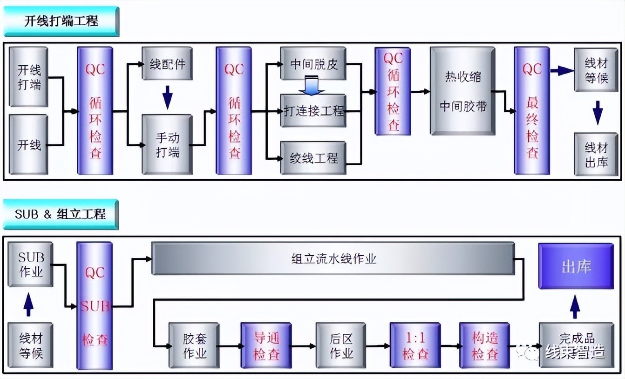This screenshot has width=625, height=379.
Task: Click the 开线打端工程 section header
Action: (x=61, y=21)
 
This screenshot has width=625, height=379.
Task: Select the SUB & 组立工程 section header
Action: (x=61, y=214)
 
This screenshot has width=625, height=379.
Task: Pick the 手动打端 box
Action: (x=167, y=145)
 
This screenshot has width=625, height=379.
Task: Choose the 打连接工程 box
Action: (x=313, y=111)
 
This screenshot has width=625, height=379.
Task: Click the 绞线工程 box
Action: (x=313, y=158)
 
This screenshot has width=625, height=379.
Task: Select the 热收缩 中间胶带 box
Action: (x=462, y=91)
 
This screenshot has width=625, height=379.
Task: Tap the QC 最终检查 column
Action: (x=532, y=111)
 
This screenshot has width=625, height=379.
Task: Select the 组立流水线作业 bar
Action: (x=333, y=258)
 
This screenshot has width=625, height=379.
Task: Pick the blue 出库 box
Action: (x=576, y=266)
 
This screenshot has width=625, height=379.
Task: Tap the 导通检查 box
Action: (x=266, y=346)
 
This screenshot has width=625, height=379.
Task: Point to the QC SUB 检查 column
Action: (x=95, y=306)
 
